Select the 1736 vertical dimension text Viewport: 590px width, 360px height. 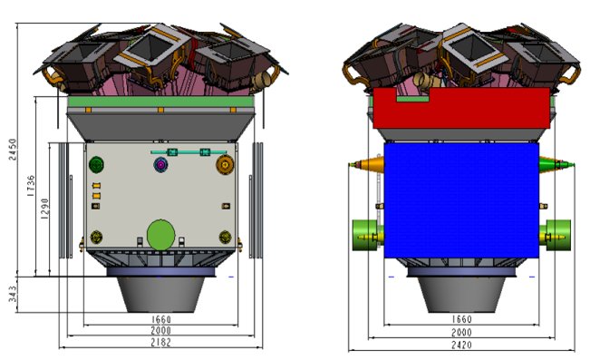(30, 185)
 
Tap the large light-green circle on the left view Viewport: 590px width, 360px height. (161, 233)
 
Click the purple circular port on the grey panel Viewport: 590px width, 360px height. (162, 164)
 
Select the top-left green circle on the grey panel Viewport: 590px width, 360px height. (97, 164)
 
